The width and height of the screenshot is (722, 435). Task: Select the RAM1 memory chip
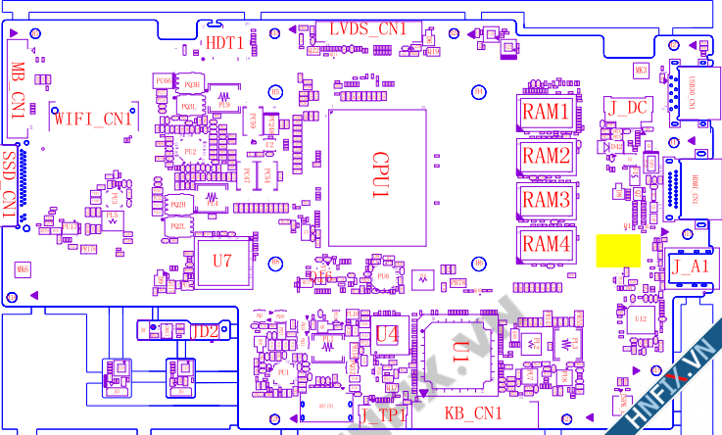(546, 113)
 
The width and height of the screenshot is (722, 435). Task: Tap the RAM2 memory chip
(546, 156)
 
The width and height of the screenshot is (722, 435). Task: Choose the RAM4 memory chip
(546, 243)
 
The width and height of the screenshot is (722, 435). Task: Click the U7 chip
(222, 262)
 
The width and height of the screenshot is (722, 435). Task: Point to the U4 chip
(388, 334)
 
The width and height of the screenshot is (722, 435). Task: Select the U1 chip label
(460, 347)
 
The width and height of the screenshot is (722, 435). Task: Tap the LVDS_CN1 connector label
(367, 29)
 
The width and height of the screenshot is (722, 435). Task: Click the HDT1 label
(224, 43)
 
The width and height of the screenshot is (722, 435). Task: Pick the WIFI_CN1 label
(92, 120)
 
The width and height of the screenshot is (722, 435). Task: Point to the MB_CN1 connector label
(18, 90)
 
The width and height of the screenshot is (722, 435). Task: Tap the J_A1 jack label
(690, 266)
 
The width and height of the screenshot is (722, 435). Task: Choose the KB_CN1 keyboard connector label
(473, 413)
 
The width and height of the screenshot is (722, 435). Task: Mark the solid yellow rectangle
(617, 250)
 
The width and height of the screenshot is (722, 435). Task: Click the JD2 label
(204, 330)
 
